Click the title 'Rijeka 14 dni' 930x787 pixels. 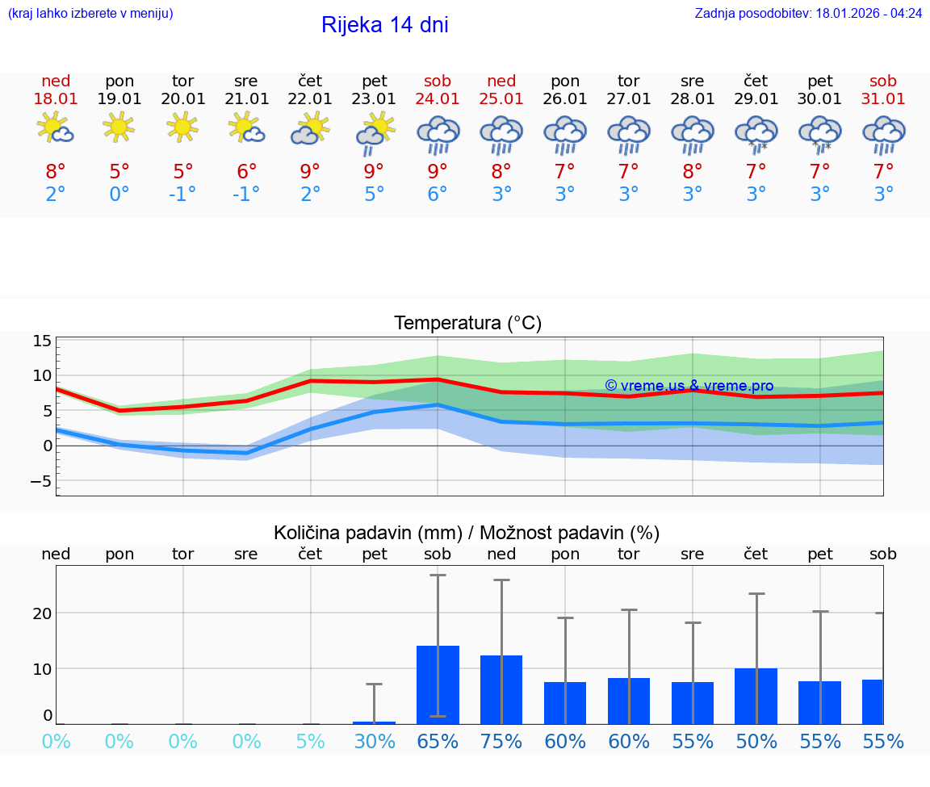click(384, 25)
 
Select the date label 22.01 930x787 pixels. click(310, 99)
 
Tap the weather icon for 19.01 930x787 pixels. click(119, 128)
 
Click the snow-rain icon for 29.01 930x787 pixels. click(756, 134)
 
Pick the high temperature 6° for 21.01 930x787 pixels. click(246, 171)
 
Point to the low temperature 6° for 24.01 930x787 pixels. click(438, 195)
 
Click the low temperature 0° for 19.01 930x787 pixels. click(119, 195)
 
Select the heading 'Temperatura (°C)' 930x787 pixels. click(467, 324)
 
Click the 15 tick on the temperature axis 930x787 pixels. click(43, 341)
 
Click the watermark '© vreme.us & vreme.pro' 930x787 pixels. click(689, 386)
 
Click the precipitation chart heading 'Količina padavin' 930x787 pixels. click(467, 533)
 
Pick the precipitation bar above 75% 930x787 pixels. click(501, 689)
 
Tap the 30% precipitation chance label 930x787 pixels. click(374, 742)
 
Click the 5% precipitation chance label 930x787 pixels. click(310, 742)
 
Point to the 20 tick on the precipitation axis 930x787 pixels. click(42, 613)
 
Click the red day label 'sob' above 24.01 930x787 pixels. click(438, 82)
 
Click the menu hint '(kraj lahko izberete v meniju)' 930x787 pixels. click(90, 14)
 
